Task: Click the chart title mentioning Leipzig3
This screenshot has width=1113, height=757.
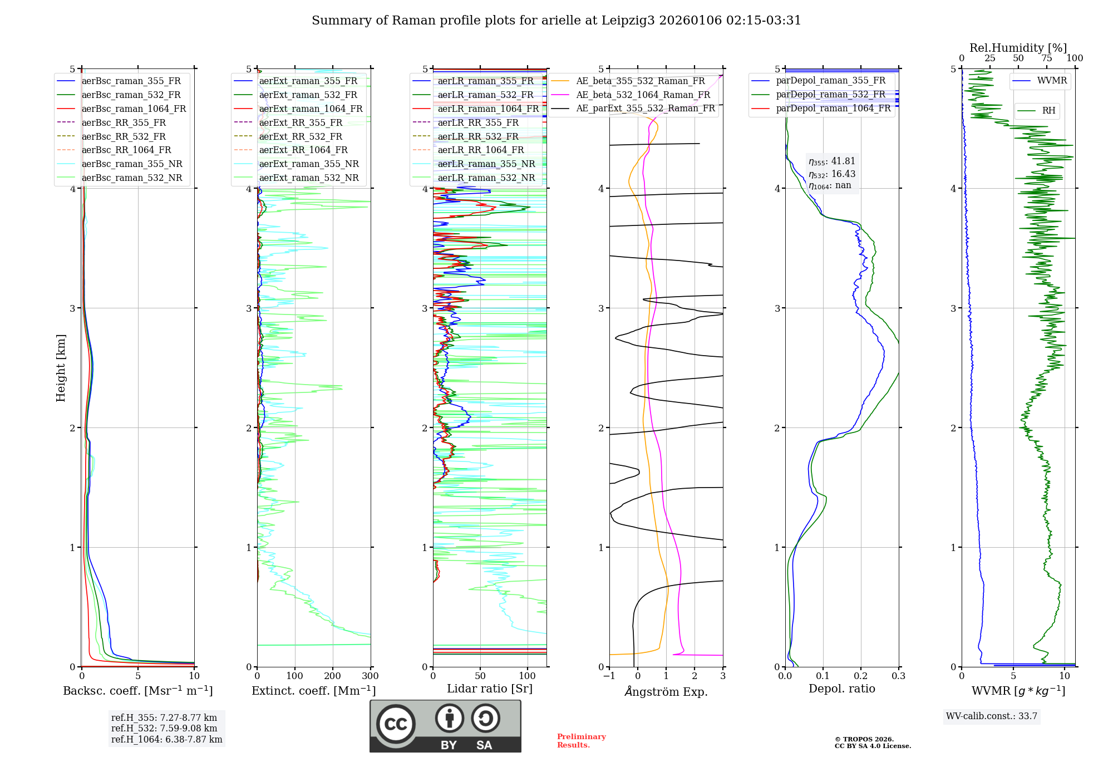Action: (x=556, y=21)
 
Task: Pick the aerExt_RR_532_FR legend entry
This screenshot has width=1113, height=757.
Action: (x=301, y=136)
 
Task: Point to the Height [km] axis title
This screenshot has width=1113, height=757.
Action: (x=61, y=368)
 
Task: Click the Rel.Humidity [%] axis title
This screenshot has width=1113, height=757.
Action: (x=1018, y=48)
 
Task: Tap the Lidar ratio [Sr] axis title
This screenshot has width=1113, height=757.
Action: (x=490, y=689)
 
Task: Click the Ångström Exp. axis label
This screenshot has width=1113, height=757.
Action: (x=666, y=692)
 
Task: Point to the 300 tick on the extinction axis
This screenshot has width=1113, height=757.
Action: (x=370, y=676)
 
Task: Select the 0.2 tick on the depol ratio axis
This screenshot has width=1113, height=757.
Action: (x=861, y=676)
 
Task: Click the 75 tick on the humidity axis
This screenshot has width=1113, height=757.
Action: (x=1047, y=58)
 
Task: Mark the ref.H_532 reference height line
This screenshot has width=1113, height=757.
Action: (x=164, y=728)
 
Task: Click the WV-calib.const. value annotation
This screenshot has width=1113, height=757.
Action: (x=992, y=716)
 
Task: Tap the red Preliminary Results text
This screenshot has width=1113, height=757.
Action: (x=581, y=741)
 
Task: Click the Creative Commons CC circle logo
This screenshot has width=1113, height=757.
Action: (x=396, y=724)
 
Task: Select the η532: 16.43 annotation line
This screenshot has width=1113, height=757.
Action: (x=832, y=174)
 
